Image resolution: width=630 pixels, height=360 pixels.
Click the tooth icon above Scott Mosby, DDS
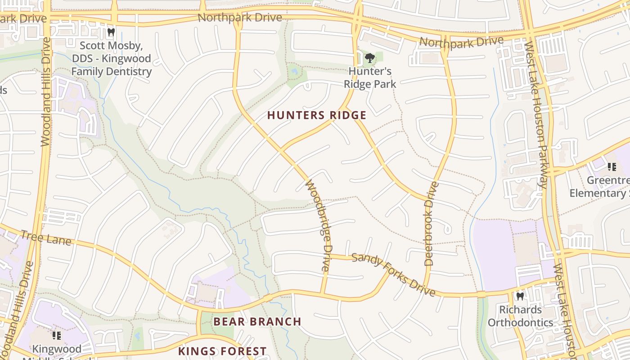tap(111, 32)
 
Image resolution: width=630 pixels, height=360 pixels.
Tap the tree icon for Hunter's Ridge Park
tap(370, 58)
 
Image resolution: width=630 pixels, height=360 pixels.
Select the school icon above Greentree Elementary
tap(612, 167)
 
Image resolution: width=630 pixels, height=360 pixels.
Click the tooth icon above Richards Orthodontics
tap(520, 296)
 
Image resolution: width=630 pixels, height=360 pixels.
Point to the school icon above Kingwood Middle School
tap(56, 335)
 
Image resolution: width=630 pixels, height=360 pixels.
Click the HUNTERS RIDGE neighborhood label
tap(317, 115)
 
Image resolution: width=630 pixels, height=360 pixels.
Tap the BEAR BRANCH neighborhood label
tap(257, 321)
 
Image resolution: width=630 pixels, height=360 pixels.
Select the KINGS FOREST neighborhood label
tap(222, 351)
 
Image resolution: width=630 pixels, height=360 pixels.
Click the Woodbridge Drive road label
tap(319, 225)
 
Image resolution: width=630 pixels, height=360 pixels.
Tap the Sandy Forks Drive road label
tap(393, 274)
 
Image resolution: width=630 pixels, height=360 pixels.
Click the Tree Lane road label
tap(46, 237)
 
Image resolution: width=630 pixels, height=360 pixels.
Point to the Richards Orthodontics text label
tap(520, 316)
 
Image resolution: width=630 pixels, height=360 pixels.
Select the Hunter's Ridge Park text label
tap(370, 77)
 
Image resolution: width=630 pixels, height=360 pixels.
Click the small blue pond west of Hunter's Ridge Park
tap(295, 71)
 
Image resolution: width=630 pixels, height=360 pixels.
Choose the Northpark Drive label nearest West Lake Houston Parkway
tap(461, 42)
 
